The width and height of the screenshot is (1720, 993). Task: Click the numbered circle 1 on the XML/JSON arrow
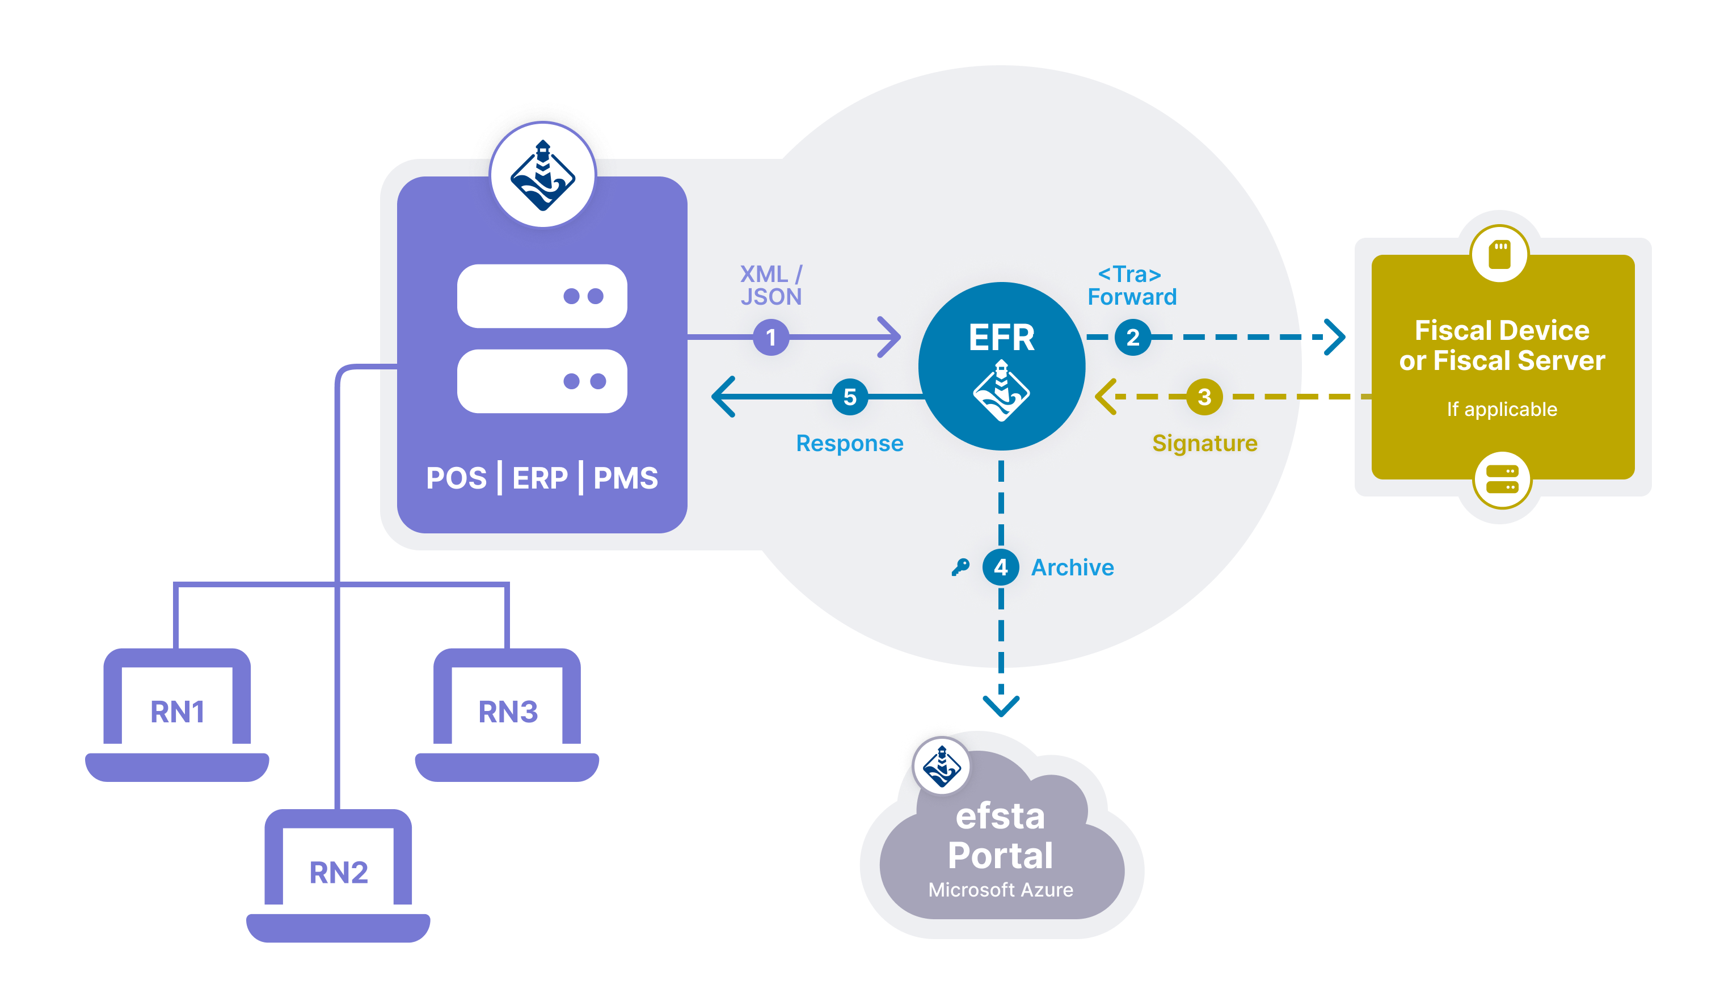tap(771, 337)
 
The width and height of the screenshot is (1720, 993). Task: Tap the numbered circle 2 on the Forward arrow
tap(1132, 337)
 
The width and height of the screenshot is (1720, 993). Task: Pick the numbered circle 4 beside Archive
tap(1000, 567)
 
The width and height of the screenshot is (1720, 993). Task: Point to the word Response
tap(849, 443)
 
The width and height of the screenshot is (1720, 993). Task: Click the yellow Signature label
tap(1204, 443)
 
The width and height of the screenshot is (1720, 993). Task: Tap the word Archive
tap(1072, 567)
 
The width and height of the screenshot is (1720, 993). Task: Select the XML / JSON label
tap(771, 285)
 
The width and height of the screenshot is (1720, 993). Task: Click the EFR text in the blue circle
tap(1001, 338)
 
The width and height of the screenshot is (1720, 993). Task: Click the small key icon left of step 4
tap(960, 567)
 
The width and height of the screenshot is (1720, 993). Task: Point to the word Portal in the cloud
tap(1000, 855)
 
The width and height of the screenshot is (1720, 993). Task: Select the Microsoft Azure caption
tap(1000, 890)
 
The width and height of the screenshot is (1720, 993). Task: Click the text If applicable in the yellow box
tap(1502, 409)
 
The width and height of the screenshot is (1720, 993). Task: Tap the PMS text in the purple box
tap(625, 478)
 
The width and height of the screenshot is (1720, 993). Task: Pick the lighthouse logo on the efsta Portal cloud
tap(942, 767)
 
